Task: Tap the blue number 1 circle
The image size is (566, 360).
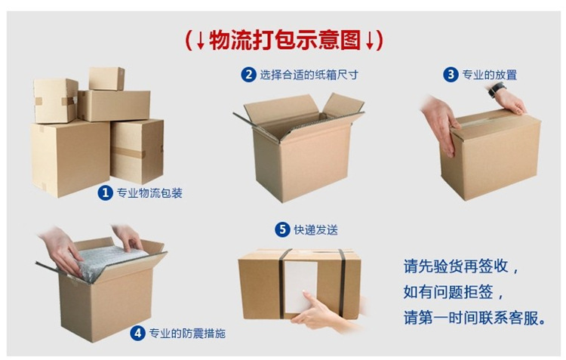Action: tap(106, 192)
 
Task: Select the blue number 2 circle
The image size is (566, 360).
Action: tap(248, 74)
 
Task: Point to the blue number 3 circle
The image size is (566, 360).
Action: tap(451, 74)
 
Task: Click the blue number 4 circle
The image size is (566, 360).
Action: tap(137, 332)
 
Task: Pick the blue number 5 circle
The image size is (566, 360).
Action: tap(281, 229)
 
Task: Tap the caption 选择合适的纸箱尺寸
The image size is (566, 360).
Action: tap(309, 75)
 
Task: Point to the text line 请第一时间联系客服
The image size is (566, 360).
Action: tap(472, 317)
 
